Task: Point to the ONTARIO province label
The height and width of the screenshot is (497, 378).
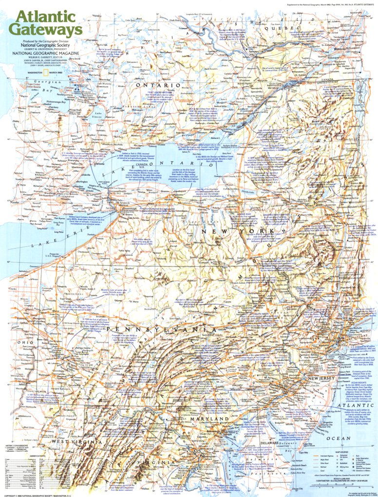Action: pos(152,85)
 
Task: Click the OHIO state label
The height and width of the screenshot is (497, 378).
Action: pos(23,342)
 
